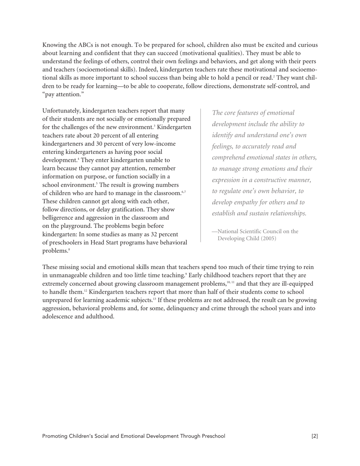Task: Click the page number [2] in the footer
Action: [x=315, y=436]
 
